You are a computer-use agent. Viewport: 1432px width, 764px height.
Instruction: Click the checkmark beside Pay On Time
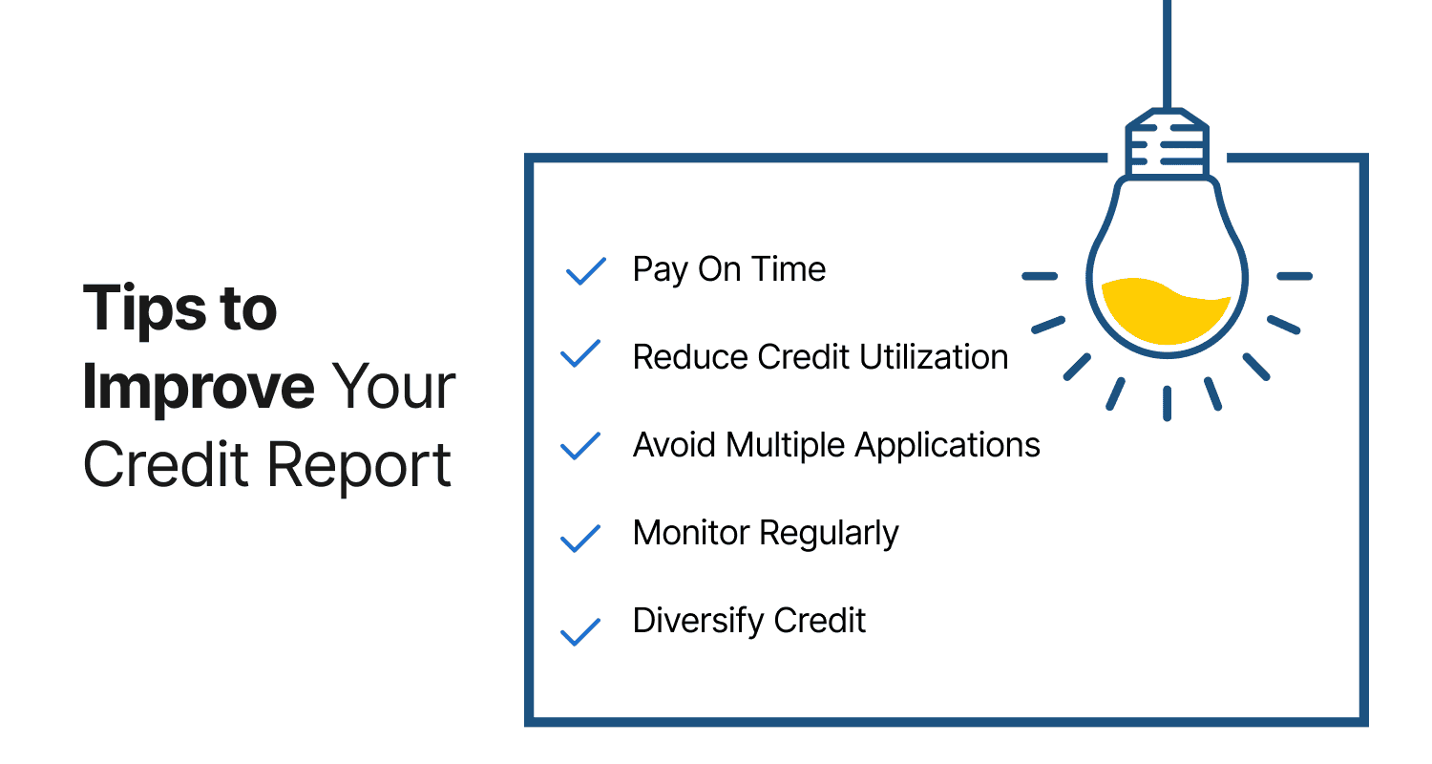coord(586,271)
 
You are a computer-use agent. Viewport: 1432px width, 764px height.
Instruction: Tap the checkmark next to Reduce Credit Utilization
coord(579,354)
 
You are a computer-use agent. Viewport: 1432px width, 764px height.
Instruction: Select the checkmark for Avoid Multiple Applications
coord(579,446)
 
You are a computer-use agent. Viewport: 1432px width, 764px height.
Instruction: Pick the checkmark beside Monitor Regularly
coord(579,538)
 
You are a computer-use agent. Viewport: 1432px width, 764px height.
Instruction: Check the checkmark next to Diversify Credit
coord(579,631)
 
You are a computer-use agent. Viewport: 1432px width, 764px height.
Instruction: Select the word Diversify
coord(698,622)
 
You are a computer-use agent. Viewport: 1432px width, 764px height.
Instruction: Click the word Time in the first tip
coord(788,270)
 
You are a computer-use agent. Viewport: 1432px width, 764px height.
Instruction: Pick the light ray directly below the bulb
coord(1167,403)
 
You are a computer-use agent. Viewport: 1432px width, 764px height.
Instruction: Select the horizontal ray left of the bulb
coord(1040,276)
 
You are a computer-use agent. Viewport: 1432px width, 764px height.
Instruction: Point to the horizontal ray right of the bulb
coord(1294,276)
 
